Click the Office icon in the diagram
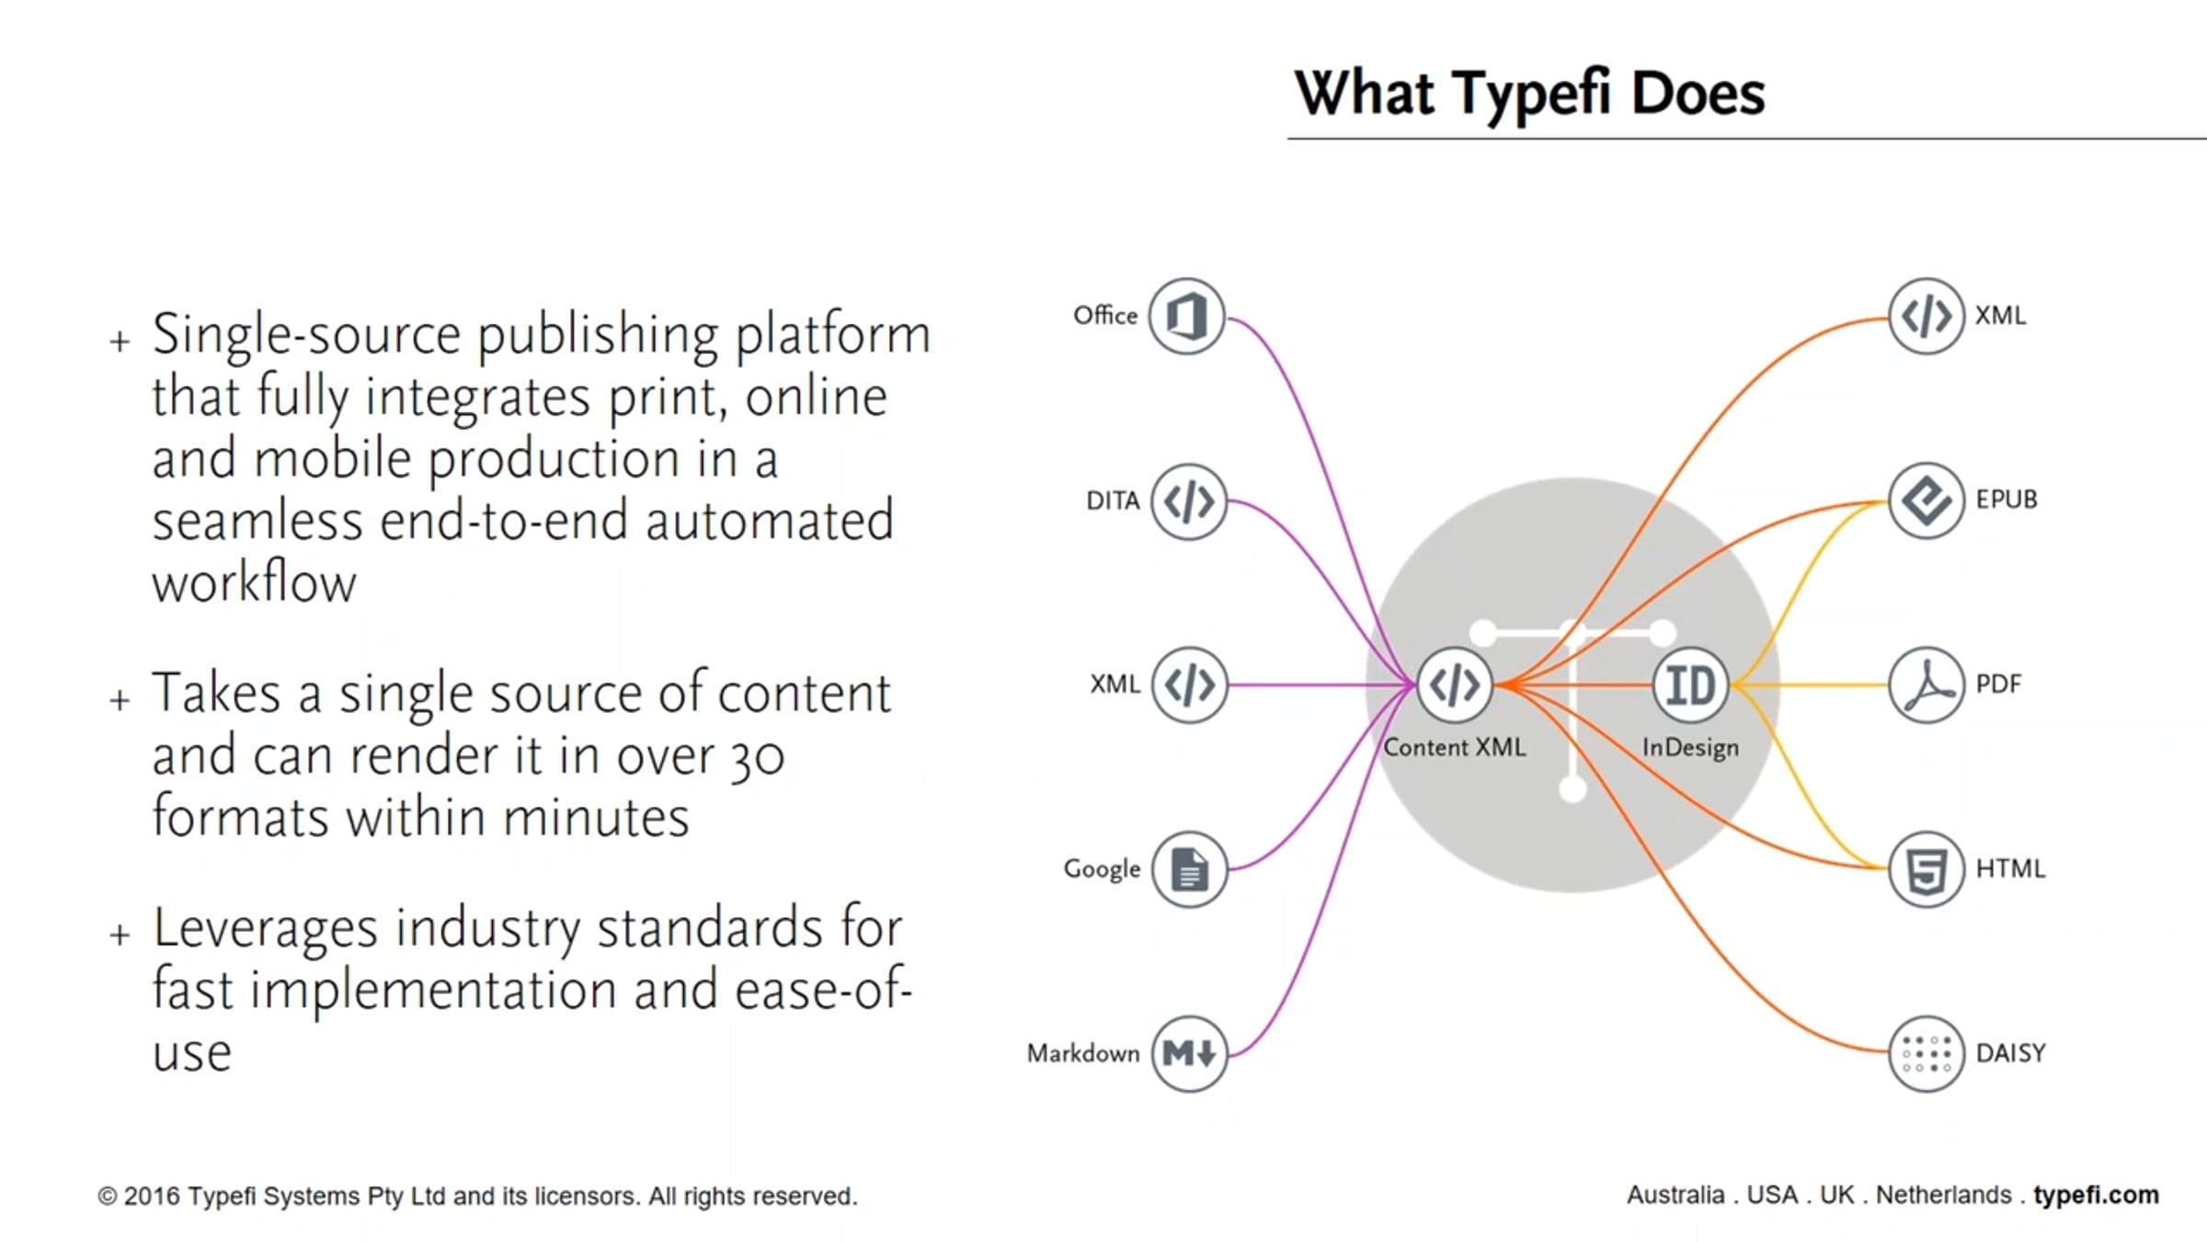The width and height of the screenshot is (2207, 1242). tap(1186, 316)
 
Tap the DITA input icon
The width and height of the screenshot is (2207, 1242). tap(1188, 501)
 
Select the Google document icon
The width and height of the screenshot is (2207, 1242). tap(1189, 869)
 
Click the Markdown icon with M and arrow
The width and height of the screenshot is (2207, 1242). tap(1189, 1053)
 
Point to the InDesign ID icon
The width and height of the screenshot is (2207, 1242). tap(1690, 685)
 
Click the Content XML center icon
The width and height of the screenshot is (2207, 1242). tap(1454, 685)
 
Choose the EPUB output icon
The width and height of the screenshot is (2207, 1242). tap(1926, 500)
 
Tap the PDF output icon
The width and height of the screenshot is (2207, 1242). tap(1926, 685)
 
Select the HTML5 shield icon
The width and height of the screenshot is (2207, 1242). tap(1926, 869)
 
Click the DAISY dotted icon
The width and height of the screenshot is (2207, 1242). tap(1926, 1053)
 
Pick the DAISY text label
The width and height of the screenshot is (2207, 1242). tap(2010, 1053)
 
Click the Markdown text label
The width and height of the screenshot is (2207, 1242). tap(1082, 1053)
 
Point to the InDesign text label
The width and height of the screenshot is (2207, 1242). tap(1690, 747)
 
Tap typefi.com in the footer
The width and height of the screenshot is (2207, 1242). tap(2096, 1195)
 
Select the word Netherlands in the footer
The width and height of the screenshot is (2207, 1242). tap(1943, 1195)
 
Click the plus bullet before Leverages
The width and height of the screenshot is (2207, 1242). tap(120, 936)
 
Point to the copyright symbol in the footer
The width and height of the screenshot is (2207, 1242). tap(107, 1197)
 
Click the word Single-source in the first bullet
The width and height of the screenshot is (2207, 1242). tap(305, 334)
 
